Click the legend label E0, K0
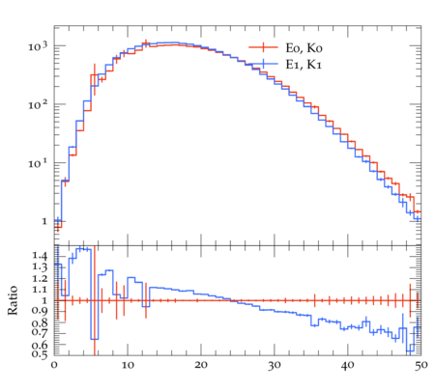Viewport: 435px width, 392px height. click(x=304, y=48)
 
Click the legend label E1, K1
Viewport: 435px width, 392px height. click(x=304, y=65)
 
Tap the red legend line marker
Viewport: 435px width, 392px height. click(x=263, y=47)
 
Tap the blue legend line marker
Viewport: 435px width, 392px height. click(x=263, y=64)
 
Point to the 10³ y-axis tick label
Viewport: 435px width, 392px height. click(x=38, y=46)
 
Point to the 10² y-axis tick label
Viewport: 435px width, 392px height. click(x=38, y=105)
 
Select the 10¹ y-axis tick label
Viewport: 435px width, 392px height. click(x=38, y=163)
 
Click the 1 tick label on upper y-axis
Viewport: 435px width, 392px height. click(x=44, y=221)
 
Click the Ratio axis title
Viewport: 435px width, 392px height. click(x=13, y=300)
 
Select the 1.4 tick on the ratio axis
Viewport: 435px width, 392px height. click(x=40, y=256)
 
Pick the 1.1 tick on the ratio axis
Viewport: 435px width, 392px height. click(x=40, y=290)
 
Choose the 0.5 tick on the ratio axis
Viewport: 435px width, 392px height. click(x=40, y=354)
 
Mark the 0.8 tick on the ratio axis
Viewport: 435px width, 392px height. click(x=40, y=322)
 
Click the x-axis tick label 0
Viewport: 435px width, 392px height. click(x=54, y=365)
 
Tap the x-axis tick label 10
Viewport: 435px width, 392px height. click(x=128, y=365)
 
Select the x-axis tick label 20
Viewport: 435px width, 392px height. click(x=201, y=365)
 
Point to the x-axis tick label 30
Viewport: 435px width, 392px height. click(x=275, y=365)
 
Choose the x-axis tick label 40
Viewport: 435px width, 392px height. click(x=348, y=365)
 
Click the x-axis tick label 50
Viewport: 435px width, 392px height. click(x=420, y=365)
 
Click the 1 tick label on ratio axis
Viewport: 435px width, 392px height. click(x=44, y=300)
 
